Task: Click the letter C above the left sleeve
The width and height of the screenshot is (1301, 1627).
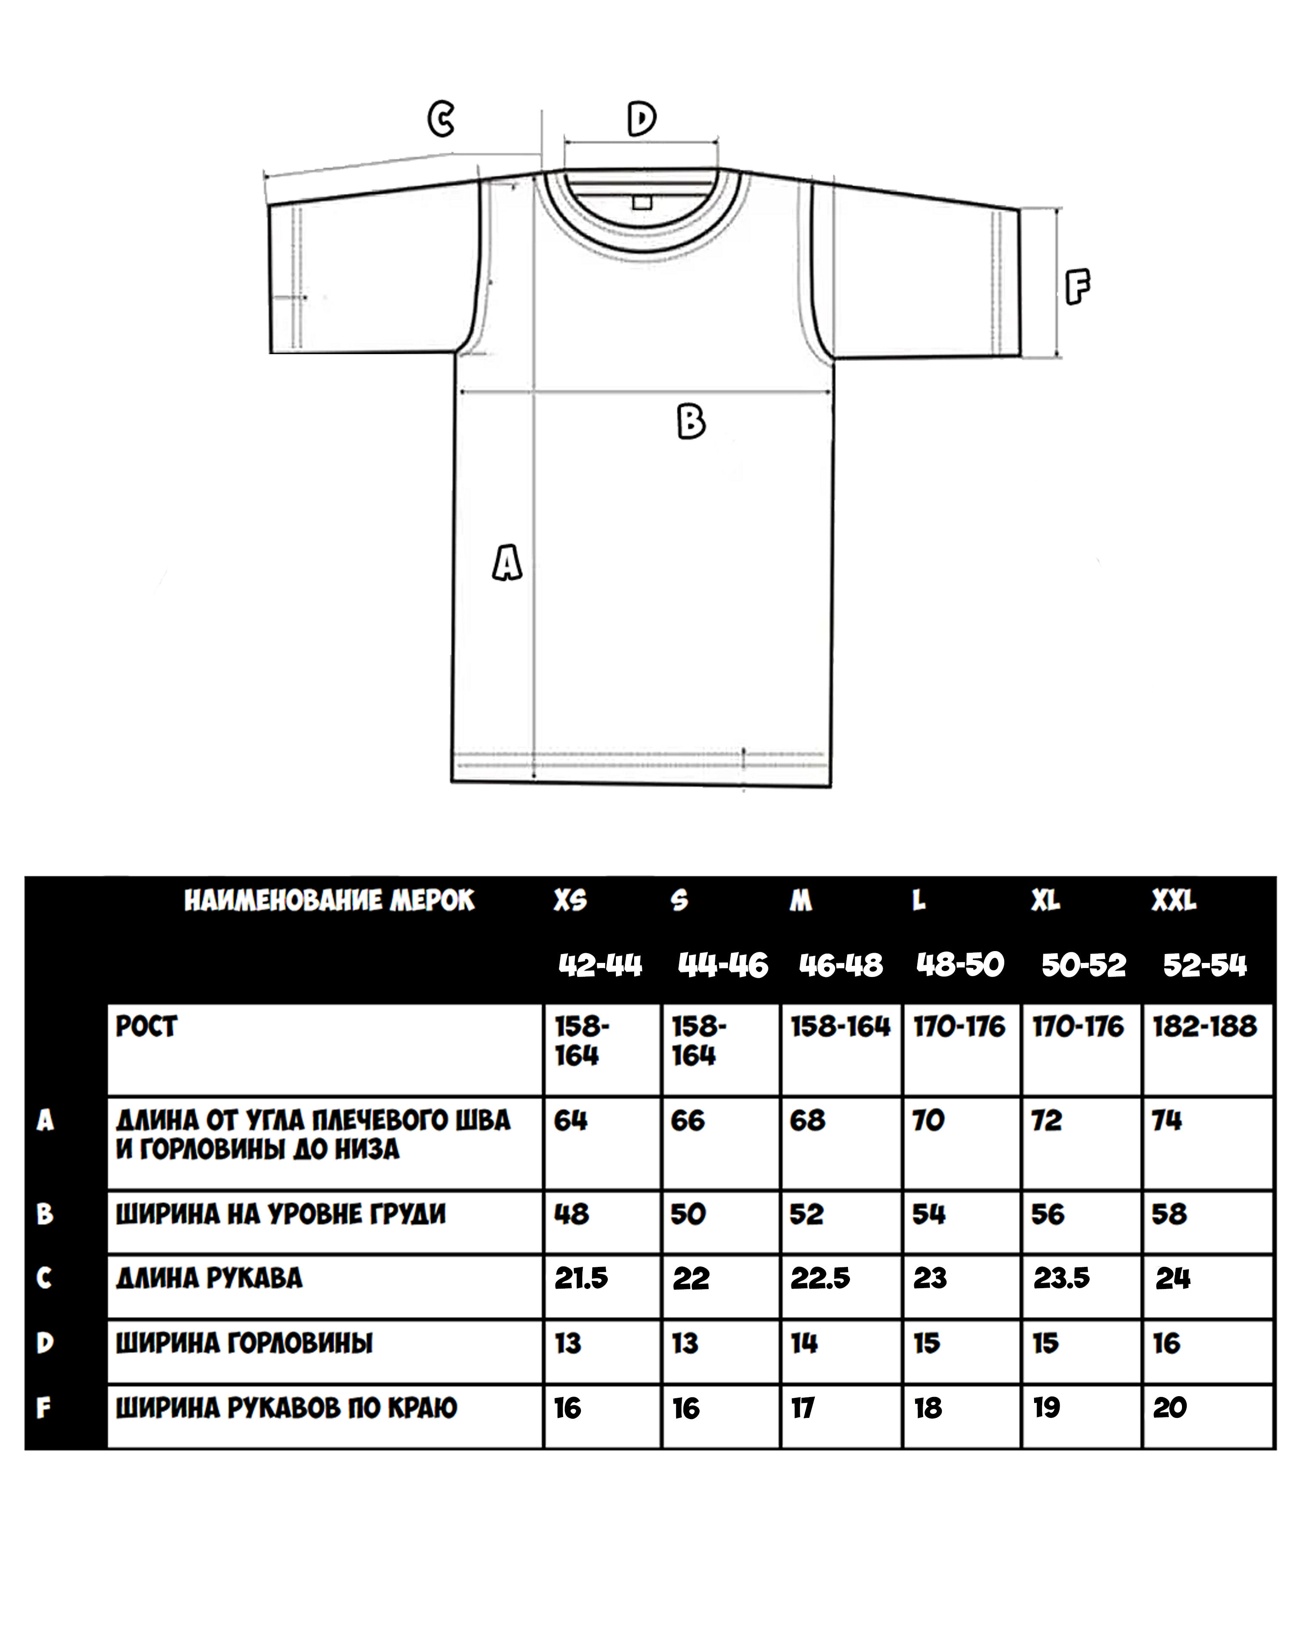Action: [441, 119]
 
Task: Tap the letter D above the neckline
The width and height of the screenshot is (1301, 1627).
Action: [641, 119]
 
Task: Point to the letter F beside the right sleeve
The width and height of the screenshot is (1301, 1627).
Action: [1077, 287]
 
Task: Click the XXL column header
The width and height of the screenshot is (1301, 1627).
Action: [1173, 900]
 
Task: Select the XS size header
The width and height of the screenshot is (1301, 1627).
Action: [570, 900]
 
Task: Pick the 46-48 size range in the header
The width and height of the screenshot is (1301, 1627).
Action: [841, 965]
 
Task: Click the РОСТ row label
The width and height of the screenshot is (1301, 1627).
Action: [146, 1027]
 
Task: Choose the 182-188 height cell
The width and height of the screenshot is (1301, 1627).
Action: [1205, 1027]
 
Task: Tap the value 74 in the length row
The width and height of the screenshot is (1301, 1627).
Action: [1167, 1121]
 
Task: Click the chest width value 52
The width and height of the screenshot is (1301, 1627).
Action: [807, 1214]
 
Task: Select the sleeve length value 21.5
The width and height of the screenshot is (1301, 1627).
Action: [581, 1278]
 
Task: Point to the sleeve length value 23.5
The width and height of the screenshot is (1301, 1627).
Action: [1061, 1278]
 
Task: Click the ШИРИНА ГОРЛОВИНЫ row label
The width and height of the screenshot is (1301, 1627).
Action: [244, 1343]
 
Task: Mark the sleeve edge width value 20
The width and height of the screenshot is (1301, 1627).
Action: [1170, 1407]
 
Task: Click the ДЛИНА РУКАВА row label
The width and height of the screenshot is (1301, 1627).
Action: [209, 1278]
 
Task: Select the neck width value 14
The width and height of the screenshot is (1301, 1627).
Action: [805, 1343]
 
